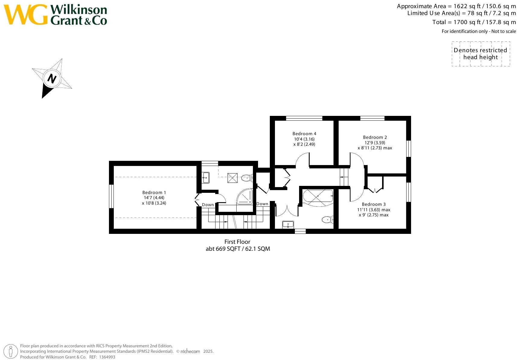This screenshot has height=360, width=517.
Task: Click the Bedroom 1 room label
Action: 154,193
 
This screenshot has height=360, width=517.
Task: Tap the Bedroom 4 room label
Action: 304,134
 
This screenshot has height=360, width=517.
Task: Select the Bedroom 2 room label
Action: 375,137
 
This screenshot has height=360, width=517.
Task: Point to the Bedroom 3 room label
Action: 374,204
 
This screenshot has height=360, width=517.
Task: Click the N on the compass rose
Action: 52,79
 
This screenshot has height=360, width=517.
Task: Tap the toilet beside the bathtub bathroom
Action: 327,219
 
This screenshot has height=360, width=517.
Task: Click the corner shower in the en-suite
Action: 245,197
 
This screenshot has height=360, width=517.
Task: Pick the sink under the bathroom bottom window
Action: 288,225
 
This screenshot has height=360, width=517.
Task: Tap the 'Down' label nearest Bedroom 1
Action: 208,205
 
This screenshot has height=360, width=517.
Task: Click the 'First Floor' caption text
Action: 237,242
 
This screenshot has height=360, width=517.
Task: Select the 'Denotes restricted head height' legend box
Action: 480,54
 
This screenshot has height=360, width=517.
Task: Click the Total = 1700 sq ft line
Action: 474,22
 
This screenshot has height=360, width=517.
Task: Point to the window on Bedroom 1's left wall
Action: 111,196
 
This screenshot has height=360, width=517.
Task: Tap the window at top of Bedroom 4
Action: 304,118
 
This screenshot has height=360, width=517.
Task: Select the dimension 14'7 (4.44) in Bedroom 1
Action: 154,198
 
